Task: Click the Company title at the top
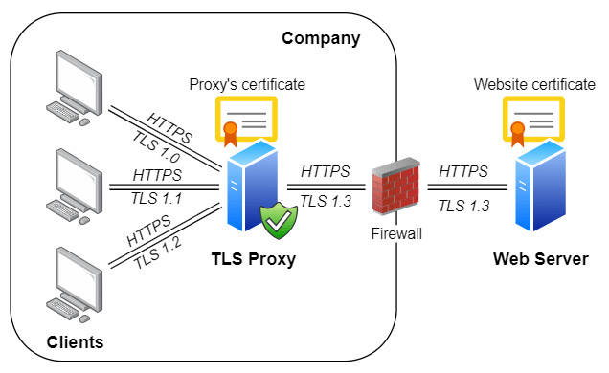point(320,39)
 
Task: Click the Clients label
point(75,341)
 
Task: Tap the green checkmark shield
point(280,220)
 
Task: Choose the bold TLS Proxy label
point(254,259)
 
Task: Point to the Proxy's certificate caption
point(247,84)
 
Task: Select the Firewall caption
point(395,231)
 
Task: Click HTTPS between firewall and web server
point(463,171)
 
